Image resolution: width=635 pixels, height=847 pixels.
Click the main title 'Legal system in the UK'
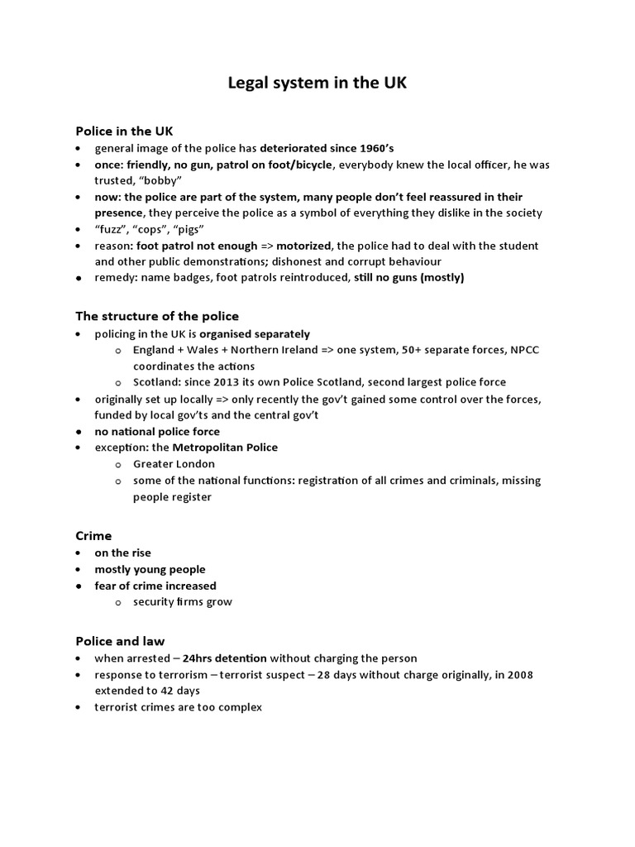click(x=317, y=84)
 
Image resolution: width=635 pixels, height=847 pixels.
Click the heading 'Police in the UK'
click(x=124, y=131)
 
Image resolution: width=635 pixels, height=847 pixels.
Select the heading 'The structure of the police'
click(x=157, y=316)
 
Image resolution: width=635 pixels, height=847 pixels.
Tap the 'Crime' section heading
click(x=93, y=535)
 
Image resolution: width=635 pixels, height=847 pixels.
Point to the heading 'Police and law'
click(x=120, y=641)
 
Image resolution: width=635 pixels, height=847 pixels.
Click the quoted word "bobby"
click(x=163, y=180)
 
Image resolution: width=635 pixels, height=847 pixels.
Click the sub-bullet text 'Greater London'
click(x=174, y=464)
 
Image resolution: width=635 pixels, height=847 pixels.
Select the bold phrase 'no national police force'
click(x=157, y=431)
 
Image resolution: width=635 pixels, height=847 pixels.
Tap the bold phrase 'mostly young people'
click(x=150, y=569)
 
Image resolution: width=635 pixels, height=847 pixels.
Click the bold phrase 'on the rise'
click(x=122, y=553)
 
